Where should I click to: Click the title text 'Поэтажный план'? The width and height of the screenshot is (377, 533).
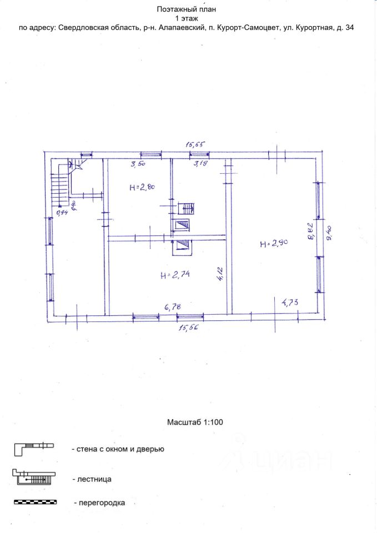(187, 9)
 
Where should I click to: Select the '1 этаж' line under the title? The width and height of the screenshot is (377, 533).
(187, 18)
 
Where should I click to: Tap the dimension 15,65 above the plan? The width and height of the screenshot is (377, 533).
(196, 144)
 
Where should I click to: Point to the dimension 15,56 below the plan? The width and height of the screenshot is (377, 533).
(188, 328)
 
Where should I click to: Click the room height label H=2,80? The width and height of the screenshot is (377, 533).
(142, 187)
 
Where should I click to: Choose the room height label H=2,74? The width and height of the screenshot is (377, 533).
(175, 275)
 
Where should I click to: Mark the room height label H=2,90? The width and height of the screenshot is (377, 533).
(274, 243)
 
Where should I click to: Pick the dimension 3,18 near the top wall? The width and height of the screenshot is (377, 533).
(200, 163)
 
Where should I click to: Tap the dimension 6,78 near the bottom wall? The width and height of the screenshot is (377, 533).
(172, 307)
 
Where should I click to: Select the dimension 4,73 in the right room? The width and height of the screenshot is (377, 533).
(290, 302)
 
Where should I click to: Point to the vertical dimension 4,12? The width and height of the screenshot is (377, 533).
(220, 274)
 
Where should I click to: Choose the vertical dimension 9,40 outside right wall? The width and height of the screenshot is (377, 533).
(329, 234)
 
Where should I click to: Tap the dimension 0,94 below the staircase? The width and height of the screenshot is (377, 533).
(62, 213)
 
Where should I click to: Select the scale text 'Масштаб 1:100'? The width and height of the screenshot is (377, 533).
(195, 422)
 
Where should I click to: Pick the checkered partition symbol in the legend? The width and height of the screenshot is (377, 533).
(35, 502)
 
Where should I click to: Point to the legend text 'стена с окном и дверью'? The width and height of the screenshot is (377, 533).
(118, 449)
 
